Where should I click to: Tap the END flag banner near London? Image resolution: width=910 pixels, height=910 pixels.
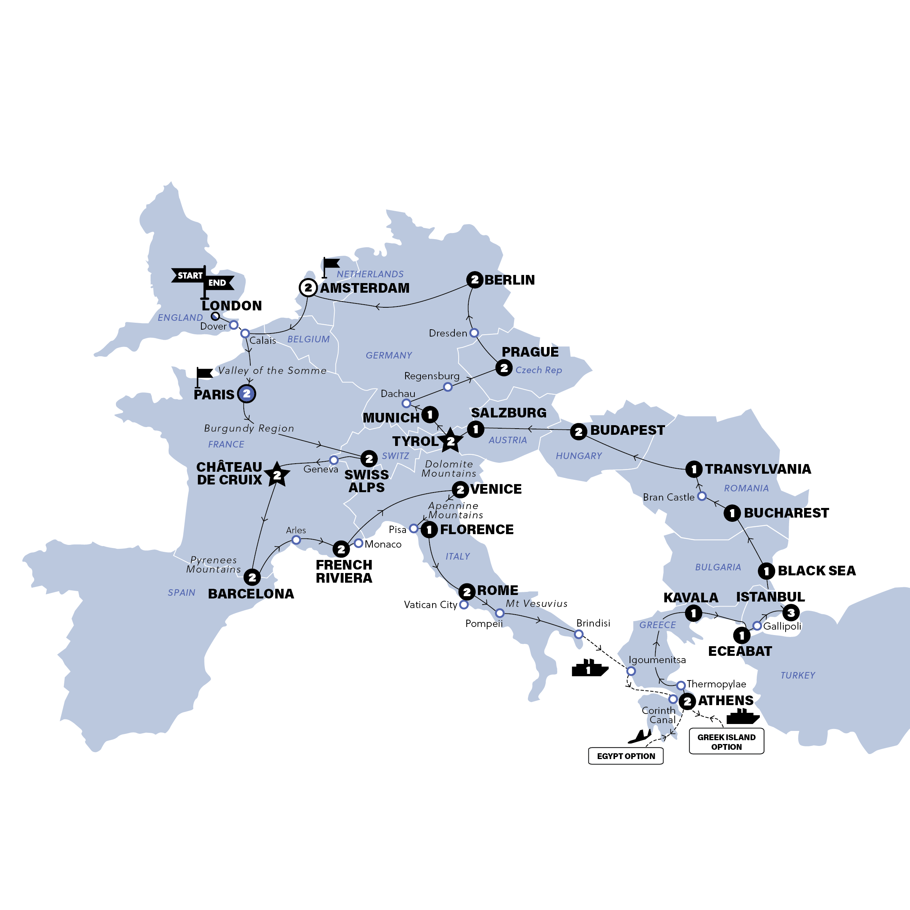click(218, 283)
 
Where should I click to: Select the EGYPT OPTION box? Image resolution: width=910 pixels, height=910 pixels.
click(625, 756)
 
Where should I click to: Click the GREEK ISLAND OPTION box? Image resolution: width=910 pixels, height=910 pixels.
click(726, 742)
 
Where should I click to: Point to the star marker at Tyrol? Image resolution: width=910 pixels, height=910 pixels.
click(451, 441)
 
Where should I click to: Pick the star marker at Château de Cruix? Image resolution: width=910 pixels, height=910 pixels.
click(277, 475)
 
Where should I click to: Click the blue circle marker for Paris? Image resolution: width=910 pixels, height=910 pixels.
click(247, 393)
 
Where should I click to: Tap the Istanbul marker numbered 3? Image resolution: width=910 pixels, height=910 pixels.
click(791, 613)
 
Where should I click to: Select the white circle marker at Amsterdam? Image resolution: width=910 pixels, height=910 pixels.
click(308, 287)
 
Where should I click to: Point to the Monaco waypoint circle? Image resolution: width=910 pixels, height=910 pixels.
click(359, 543)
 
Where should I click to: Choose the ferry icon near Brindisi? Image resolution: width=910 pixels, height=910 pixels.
click(589, 669)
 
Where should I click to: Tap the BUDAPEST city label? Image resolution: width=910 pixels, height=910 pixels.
click(627, 430)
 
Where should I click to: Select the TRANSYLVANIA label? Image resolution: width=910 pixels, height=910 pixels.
click(758, 469)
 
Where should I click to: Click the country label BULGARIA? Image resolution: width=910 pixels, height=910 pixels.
click(718, 567)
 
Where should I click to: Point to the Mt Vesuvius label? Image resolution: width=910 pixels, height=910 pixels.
click(536, 603)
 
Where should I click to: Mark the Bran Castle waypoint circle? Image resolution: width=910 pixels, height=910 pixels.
click(702, 496)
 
